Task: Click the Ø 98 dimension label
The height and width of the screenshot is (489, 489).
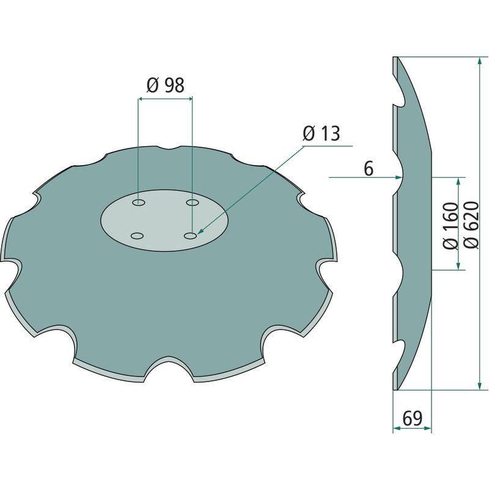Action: point(165,85)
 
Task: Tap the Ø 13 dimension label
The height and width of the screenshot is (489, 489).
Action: point(322,133)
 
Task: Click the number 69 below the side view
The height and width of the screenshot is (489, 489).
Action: point(412,419)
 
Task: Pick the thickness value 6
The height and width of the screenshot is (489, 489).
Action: point(369,169)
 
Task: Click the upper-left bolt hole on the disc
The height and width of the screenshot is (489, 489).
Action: point(139,203)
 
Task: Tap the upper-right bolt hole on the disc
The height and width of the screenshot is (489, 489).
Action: point(193,203)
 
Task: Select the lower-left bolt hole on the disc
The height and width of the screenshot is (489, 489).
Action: point(137,236)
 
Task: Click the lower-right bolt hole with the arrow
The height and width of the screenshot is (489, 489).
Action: point(190,236)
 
